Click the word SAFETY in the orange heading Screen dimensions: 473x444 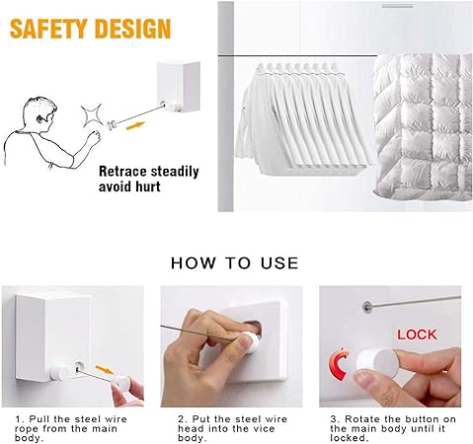click(x=48, y=29)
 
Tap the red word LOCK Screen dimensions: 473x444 click(x=417, y=334)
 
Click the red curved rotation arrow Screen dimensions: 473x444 click(x=338, y=364)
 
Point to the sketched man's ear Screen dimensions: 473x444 click(x=39, y=118)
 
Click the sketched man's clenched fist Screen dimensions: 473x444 click(x=94, y=137)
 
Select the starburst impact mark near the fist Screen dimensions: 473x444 click(x=92, y=114)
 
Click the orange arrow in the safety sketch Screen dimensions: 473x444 click(x=135, y=125)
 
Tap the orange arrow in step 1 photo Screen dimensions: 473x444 click(x=105, y=369)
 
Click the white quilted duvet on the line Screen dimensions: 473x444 click(x=423, y=127)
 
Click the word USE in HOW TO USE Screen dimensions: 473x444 click(x=279, y=263)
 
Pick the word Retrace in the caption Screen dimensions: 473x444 click(x=122, y=172)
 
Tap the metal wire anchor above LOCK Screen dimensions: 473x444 click(x=366, y=307)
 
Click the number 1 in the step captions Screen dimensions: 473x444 click(x=19, y=419)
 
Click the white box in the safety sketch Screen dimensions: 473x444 click(x=179, y=87)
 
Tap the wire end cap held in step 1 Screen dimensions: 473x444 click(x=121, y=383)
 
